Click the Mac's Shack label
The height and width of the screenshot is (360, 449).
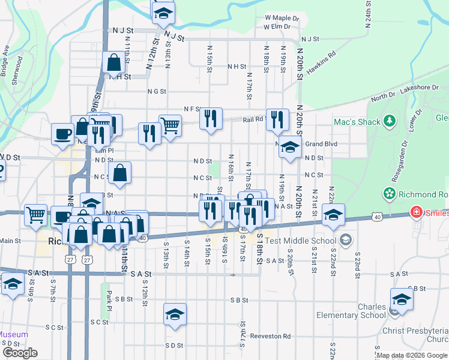(x=357, y=122)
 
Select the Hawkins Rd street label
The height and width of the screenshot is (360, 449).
(x=320, y=62)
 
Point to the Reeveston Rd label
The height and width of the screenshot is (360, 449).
(x=270, y=337)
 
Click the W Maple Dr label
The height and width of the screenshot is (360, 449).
(x=282, y=18)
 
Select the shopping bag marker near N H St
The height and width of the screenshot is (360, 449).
(x=113, y=62)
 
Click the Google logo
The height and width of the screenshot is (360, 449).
(x=20, y=352)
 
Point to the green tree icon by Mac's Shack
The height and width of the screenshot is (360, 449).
(x=390, y=121)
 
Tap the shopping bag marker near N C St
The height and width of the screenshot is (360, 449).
(x=120, y=173)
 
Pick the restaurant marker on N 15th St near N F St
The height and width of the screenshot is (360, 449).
(x=210, y=118)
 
